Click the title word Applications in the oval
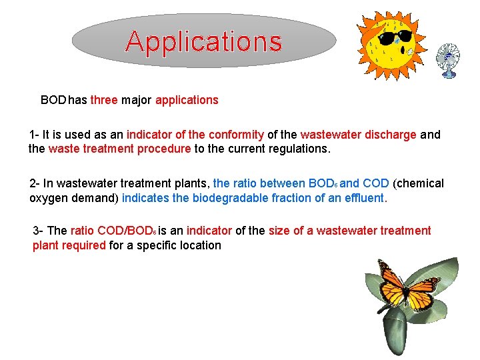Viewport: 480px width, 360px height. tap(203, 41)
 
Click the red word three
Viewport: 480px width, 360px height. tap(104, 100)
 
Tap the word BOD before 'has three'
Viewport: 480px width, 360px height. tap(53, 100)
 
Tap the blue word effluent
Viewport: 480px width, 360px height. tap(365, 197)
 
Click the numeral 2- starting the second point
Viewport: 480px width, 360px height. tap(35, 183)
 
